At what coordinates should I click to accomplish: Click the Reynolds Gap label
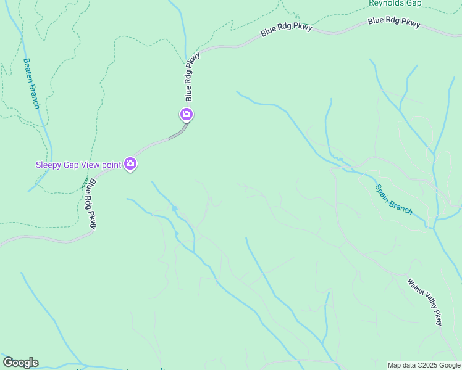[x=395, y=3]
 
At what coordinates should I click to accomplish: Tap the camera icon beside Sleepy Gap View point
[x=130, y=164]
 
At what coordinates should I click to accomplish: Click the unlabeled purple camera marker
[x=187, y=115]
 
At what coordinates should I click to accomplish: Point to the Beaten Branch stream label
[x=31, y=83]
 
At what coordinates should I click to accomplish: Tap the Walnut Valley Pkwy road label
[x=425, y=302]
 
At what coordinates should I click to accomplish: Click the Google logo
[x=20, y=363]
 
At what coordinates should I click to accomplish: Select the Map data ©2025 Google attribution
[x=424, y=365]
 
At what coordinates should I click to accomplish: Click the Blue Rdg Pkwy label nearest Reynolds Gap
[x=394, y=22]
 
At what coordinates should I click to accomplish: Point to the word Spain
[x=385, y=194]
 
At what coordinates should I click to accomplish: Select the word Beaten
[x=28, y=70]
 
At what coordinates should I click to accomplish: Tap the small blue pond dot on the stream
[x=175, y=208]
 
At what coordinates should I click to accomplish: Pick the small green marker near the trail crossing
[x=85, y=183]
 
